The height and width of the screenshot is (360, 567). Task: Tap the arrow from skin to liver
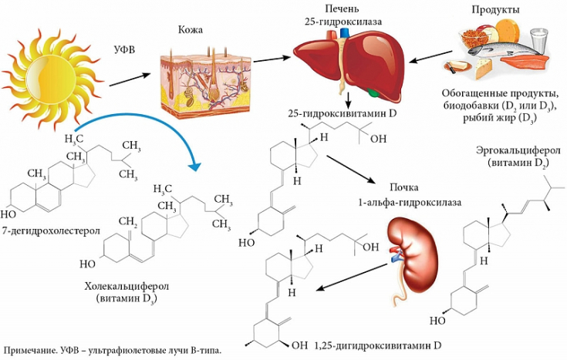[x=271, y=58]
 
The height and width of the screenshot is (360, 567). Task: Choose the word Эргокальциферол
[x=513, y=150]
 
